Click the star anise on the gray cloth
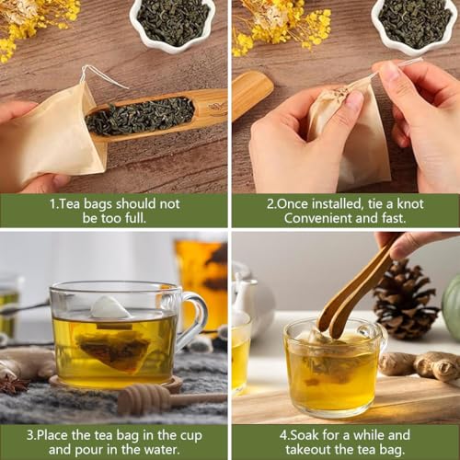(14, 385)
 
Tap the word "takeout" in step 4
(308, 450)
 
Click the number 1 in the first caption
(52, 204)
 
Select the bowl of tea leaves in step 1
(173, 23)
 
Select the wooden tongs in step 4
(352, 292)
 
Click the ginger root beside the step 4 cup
(420, 365)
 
